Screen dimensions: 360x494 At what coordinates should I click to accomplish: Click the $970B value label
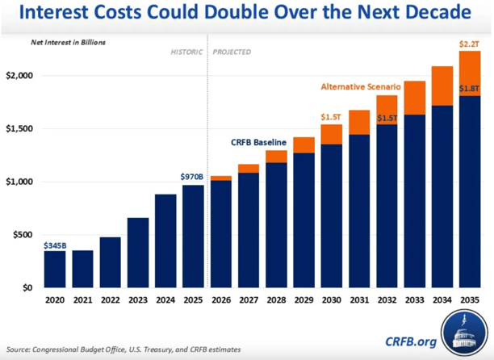click(193, 175)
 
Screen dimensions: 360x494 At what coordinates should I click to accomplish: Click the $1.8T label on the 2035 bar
click(470, 89)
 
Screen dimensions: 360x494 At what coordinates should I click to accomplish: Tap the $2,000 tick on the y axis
click(21, 75)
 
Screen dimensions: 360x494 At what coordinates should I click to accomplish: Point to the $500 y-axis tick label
click(25, 235)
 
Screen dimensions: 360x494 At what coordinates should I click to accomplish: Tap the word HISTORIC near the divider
click(186, 52)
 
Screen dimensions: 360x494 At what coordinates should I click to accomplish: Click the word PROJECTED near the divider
click(232, 52)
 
